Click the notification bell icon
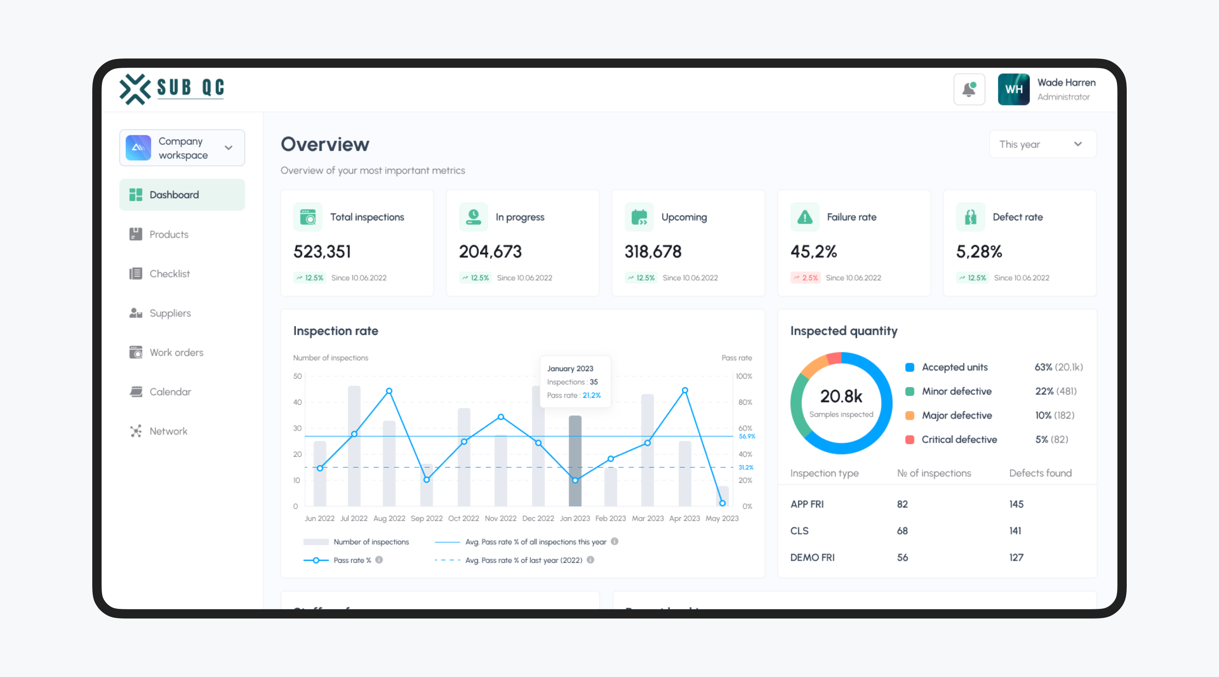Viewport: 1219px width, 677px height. click(969, 89)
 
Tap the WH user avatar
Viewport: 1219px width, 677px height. click(1013, 89)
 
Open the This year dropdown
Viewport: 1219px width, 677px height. click(1042, 144)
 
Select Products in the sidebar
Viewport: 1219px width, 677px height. click(168, 234)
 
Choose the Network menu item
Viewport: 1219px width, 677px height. click(168, 431)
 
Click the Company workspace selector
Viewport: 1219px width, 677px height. click(182, 148)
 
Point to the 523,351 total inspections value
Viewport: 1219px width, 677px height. click(322, 252)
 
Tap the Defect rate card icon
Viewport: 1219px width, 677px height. click(970, 217)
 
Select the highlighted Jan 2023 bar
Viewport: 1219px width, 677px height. click(575, 461)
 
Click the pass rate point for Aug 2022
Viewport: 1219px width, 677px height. click(389, 391)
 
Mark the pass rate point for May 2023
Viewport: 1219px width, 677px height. click(722, 503)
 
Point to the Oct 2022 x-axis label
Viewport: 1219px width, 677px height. click(463, 518)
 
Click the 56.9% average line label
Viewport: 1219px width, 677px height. click(747, 436)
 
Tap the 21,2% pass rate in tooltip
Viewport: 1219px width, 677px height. click(592, 396)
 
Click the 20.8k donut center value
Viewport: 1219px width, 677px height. click(841, 396)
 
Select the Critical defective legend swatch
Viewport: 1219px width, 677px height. click(909, 440)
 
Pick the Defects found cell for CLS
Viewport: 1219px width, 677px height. click(1015, 531)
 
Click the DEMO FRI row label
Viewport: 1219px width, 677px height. click(812, 557)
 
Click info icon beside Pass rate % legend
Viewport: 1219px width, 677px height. click(379, 560)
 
